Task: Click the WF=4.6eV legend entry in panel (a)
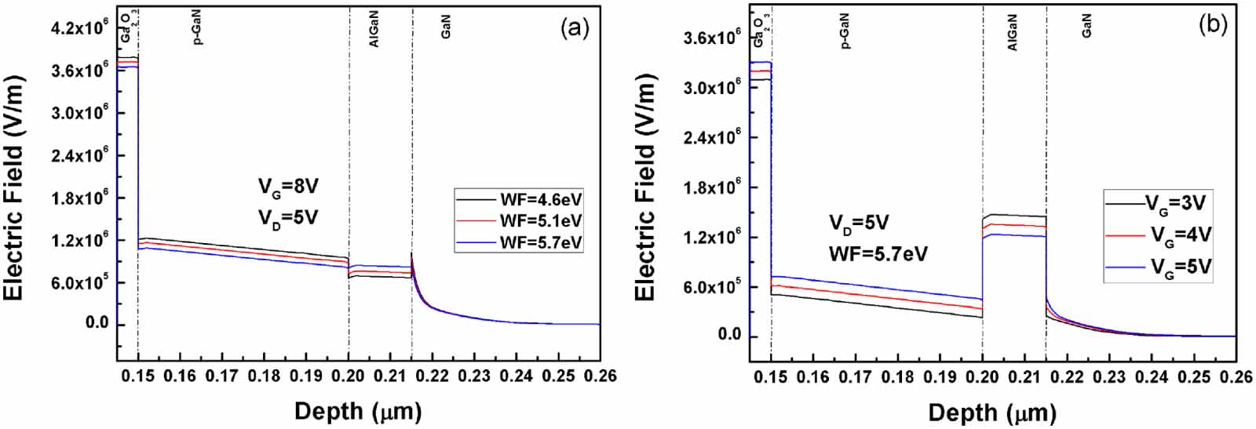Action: point(540,199)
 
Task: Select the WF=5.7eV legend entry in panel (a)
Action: point(540,242)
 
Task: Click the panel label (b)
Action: point(1212,25)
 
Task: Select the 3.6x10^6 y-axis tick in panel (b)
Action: point(713,38)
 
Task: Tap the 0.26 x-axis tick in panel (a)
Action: point(601,376)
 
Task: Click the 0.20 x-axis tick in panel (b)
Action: point(982,377)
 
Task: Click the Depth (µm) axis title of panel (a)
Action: point(358,410)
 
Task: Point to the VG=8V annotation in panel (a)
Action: point(289,187)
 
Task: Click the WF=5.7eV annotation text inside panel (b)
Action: point(878,254)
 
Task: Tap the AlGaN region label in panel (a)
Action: point(374,31)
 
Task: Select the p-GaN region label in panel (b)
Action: point(845,31)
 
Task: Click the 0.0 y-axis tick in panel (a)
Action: point(97,324)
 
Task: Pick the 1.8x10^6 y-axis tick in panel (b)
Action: point(713,187)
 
